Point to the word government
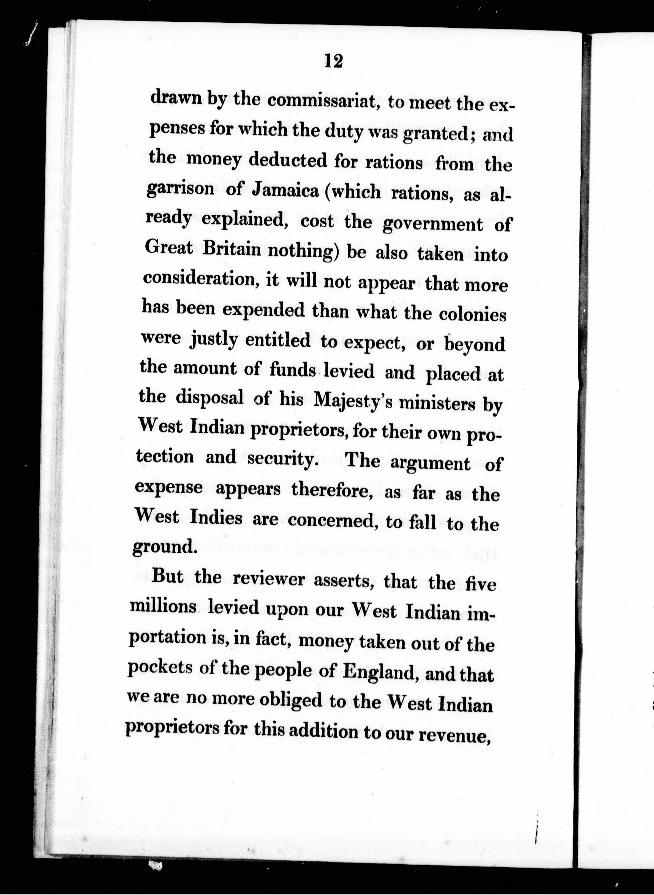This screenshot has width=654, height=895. (x=433, y=225)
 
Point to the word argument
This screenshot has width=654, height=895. (x=430, y=463)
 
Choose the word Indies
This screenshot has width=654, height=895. (x=216, y=518)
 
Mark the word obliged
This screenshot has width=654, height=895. (x=291, y=700)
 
